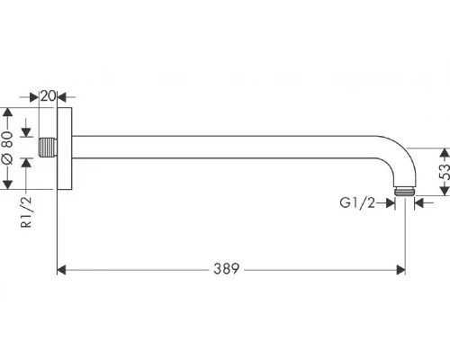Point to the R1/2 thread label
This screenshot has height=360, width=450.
(x=27, y=213)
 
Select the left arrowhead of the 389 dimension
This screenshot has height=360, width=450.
(x=62, y=269)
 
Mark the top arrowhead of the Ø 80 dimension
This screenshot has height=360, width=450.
(x=9, y=114)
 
